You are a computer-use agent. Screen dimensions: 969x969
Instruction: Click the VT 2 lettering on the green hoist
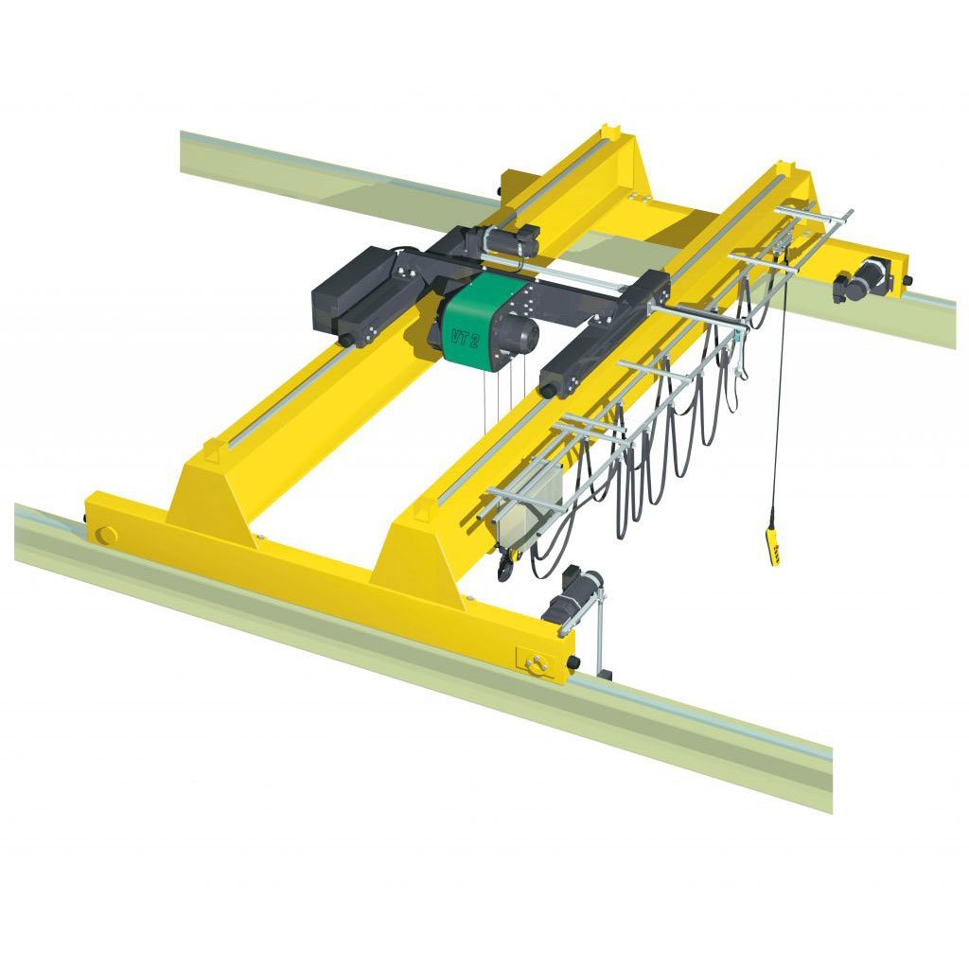pos(465,336)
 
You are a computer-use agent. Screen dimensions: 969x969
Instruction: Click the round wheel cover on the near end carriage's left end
pos(107,535)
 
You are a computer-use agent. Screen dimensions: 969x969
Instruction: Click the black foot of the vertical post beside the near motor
pos(603,675)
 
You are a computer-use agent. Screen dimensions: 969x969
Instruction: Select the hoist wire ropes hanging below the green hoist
pos(502,397)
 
